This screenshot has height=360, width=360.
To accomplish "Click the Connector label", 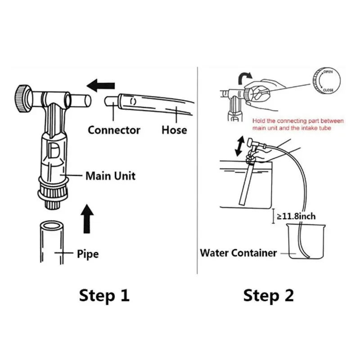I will (114, 130).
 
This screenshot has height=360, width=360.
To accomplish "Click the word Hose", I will (174, 130).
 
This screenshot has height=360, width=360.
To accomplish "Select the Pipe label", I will (88, 254).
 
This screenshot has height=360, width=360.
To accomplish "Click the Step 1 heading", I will (104, 296).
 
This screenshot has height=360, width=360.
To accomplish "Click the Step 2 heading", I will (269, 296).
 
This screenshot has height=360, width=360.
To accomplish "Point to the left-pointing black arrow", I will (101, 84).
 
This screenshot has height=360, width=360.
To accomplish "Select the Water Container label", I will (238, 252).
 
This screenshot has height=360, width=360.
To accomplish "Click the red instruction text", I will (298, 124).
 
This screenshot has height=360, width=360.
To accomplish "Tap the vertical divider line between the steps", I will (198, 171).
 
